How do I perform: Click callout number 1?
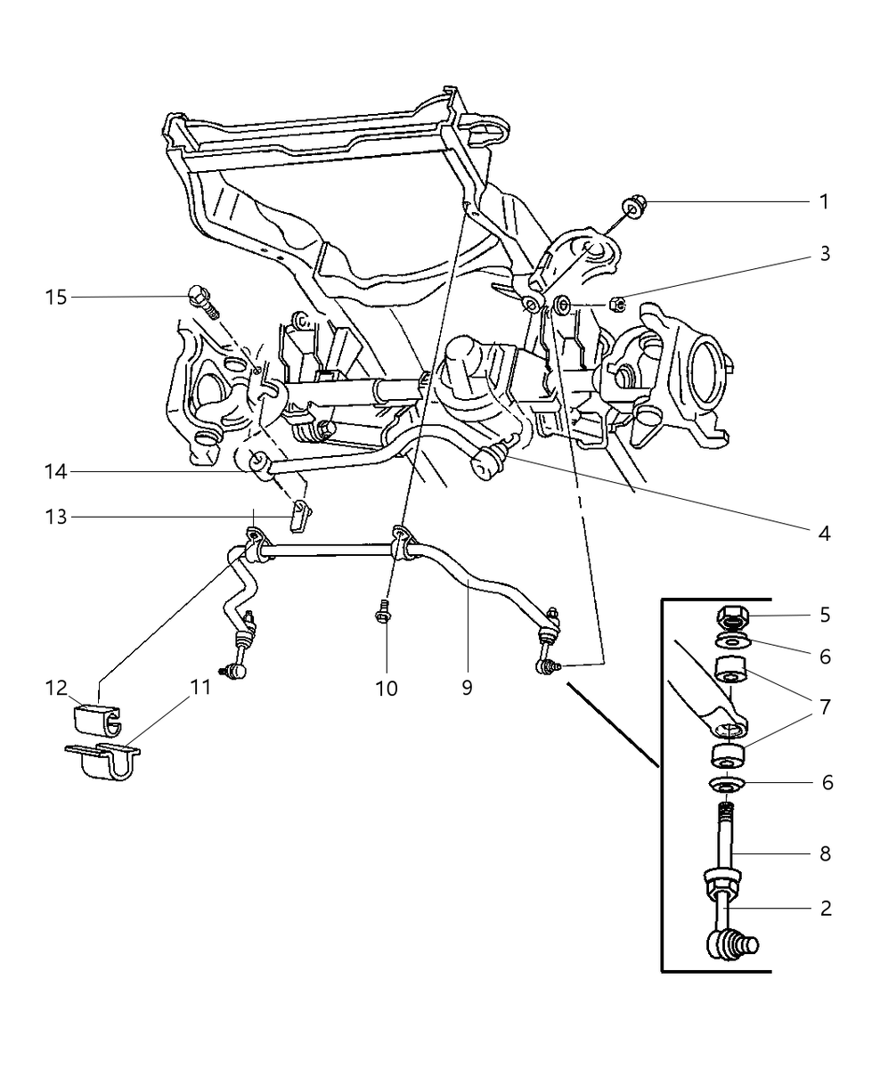coord(824,202)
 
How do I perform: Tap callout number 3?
coord(825,254)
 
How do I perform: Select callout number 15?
coord(56,297)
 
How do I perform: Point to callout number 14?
coord(56,472)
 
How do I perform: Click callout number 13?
coord(56,517)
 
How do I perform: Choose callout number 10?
coord(387,688)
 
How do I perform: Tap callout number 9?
coord(467,688)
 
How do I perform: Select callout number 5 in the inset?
coord(825,615)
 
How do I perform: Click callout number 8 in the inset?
coord(825,853)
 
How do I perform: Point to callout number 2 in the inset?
coord(825,909)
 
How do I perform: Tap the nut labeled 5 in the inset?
coord(732,616)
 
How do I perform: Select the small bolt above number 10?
coord(383,613)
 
